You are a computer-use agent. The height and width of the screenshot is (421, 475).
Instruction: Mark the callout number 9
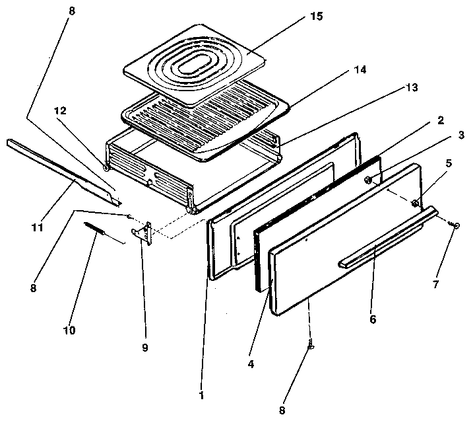(x=146, y=347)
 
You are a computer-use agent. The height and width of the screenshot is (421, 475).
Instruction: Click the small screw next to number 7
(x=456, y=226)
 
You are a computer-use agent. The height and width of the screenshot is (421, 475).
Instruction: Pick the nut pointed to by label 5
(x=414, y=203)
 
